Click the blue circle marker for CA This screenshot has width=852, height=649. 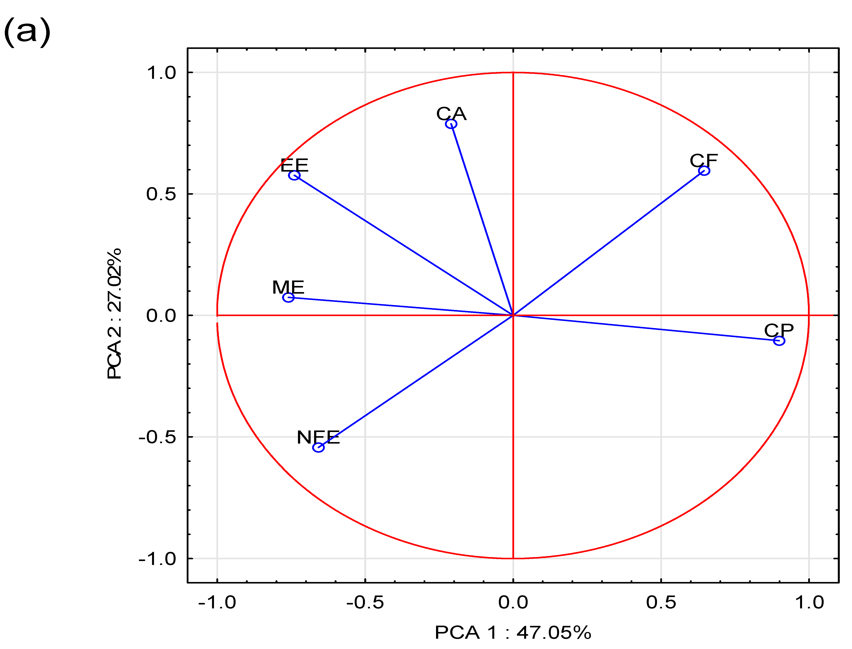click(451, 124)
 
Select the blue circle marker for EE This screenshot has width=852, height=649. click(294, 175)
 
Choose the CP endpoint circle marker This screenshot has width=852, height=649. click(779, 341)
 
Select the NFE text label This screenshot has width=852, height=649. click(318, 437)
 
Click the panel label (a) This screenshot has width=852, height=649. click(27, 32)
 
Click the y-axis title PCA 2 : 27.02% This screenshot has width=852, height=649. click(114, 314)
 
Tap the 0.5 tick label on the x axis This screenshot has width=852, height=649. click(661, 603)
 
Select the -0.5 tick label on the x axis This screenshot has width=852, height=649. click(365, 603)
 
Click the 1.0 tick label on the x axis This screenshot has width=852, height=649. click(809, 603)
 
